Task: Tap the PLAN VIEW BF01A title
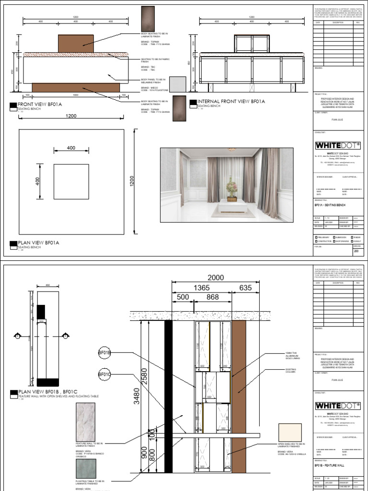click(38, 243)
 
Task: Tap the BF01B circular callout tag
click(105, 353)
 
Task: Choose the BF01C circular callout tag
click(105, 374)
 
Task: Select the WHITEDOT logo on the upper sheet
click(338, 145)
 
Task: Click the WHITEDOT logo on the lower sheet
click(338, 406)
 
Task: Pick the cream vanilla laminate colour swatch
click(289, 433)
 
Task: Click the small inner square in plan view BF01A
click(71, 182)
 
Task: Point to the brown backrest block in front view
click(76, 43)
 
